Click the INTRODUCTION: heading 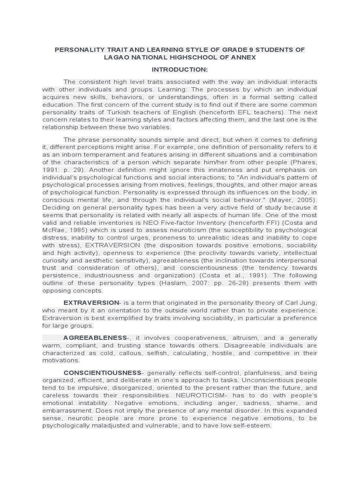coord(180,69)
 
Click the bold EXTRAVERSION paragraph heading coord(91,303)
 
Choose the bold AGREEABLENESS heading coord(95,337)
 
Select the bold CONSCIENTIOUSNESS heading coord(103,373)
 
